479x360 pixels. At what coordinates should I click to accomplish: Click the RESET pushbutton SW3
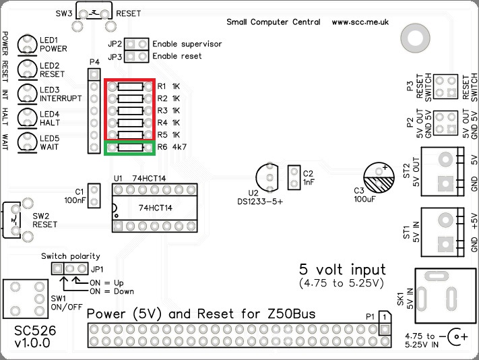(x=93, y=13)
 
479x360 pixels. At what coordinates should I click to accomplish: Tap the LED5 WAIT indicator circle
(x=28, y=142)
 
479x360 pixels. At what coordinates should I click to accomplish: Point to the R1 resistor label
(x=162, y=86)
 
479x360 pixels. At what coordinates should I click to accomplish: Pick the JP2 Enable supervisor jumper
(x=137, y=44)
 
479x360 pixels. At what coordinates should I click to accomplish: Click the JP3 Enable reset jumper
(x=137, y=57)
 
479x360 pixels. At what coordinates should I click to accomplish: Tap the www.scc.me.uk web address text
(x=360, y=22)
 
